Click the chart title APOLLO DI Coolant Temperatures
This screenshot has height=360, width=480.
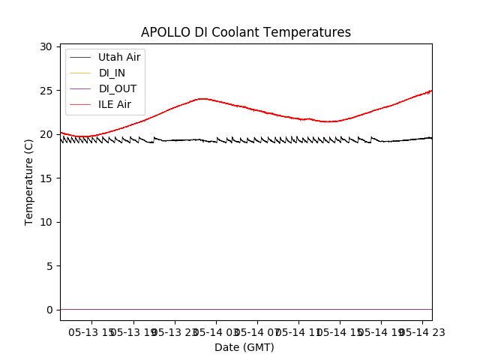point(246,32)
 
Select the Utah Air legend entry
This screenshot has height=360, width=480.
point(118,57)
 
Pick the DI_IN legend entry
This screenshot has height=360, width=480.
point(112,73)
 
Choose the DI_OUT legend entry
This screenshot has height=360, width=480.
point(117,88)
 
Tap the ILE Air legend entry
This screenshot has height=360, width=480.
point(114,104)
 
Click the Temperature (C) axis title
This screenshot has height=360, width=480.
point(29,181)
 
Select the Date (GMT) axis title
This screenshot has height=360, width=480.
point(244,347)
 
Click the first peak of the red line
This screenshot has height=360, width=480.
point(202,98)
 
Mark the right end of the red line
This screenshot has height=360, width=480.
point(431,91)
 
